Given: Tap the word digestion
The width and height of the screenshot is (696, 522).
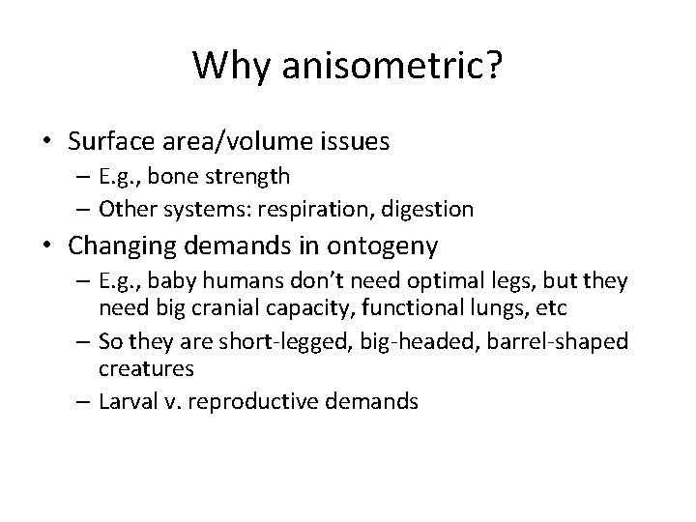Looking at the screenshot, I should [x=432, y=208].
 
